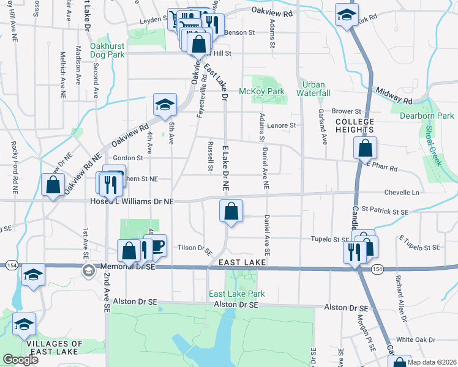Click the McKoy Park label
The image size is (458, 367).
[269, 91]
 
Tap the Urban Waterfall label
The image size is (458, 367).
[313, 88]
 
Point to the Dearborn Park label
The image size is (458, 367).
[427, 115]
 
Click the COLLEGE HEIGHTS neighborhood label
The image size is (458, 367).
[355, 125]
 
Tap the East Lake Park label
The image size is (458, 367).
[237, 294]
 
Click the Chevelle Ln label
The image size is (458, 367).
[402, 193]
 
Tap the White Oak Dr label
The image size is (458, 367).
[416, 339]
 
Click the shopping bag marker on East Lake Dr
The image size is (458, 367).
[231, 212]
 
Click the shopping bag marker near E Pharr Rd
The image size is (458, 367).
[365, 148]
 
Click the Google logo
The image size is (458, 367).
[21, 360]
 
